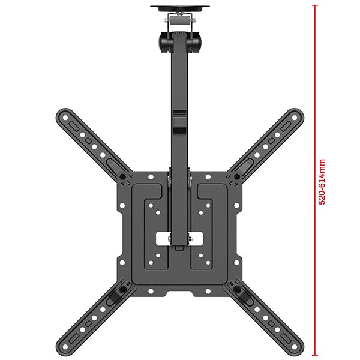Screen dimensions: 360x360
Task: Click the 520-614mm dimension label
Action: [322, 182]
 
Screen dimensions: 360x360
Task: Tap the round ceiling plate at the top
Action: [180, 8]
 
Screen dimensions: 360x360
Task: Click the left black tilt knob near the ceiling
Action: [165, 43]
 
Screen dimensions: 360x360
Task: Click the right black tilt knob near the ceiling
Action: [193, 43]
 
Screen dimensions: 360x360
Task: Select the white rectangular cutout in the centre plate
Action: [179, 239]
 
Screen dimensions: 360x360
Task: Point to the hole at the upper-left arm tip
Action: [65, 118]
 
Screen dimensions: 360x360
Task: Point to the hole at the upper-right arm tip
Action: [295, 118]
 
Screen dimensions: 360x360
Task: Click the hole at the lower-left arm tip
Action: [65, 347]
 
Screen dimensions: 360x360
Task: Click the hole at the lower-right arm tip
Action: [295, 347]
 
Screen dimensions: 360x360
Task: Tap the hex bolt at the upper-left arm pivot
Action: [122, 176]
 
